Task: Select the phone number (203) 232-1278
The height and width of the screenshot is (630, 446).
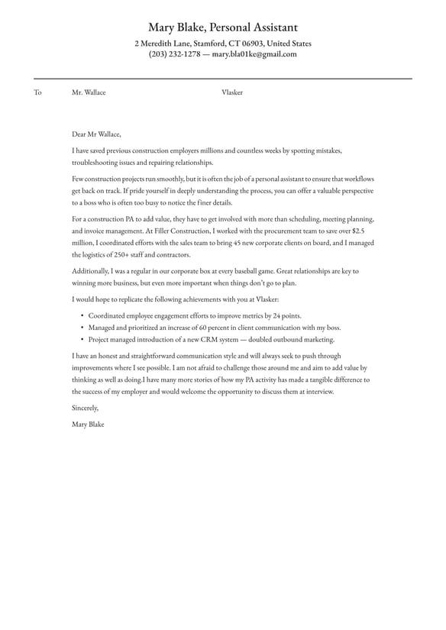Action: [x=175, y=54]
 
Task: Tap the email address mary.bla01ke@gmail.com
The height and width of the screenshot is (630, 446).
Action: [x=254, y=54]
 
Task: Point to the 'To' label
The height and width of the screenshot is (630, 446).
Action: [x=37, y=92]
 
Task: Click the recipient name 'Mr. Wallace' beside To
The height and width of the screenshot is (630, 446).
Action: [x=89, y=92]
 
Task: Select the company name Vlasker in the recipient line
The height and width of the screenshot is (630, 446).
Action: [x=232, y=92]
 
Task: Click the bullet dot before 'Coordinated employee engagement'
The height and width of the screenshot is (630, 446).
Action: [x=82, y=315]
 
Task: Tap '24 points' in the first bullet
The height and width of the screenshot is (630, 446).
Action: [x=286, y=315]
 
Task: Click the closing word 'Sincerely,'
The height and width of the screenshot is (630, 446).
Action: [x=86, y=408]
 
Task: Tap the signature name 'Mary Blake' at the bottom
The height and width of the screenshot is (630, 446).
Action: [x=88, y=424]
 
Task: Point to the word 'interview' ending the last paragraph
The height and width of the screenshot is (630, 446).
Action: [x=320, y=392]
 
